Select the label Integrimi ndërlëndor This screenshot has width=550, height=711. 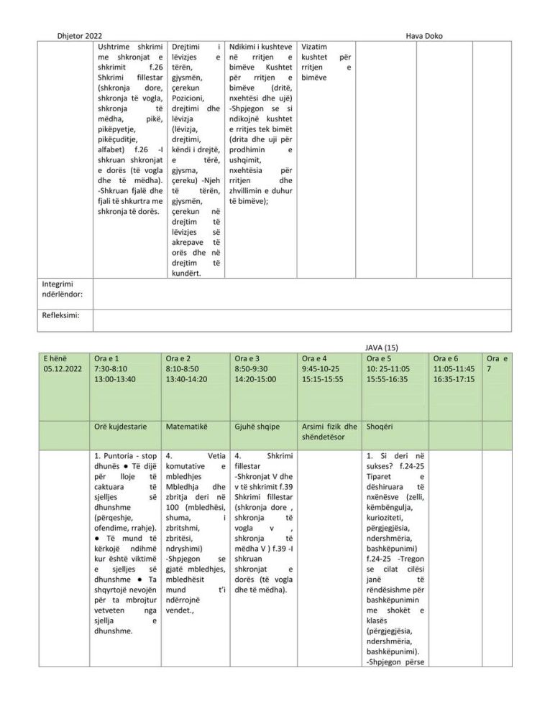pos(63,289)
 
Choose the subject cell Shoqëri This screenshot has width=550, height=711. pos(380,426)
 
